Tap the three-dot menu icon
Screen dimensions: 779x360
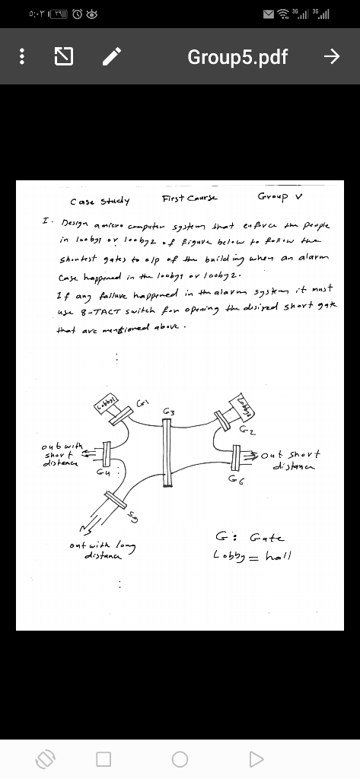(x=24, y=56)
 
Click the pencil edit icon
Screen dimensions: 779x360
(x=112, y=56)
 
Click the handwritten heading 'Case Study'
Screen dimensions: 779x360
(x=100, y=202)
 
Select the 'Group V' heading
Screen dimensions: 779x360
(x=280, y=196)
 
